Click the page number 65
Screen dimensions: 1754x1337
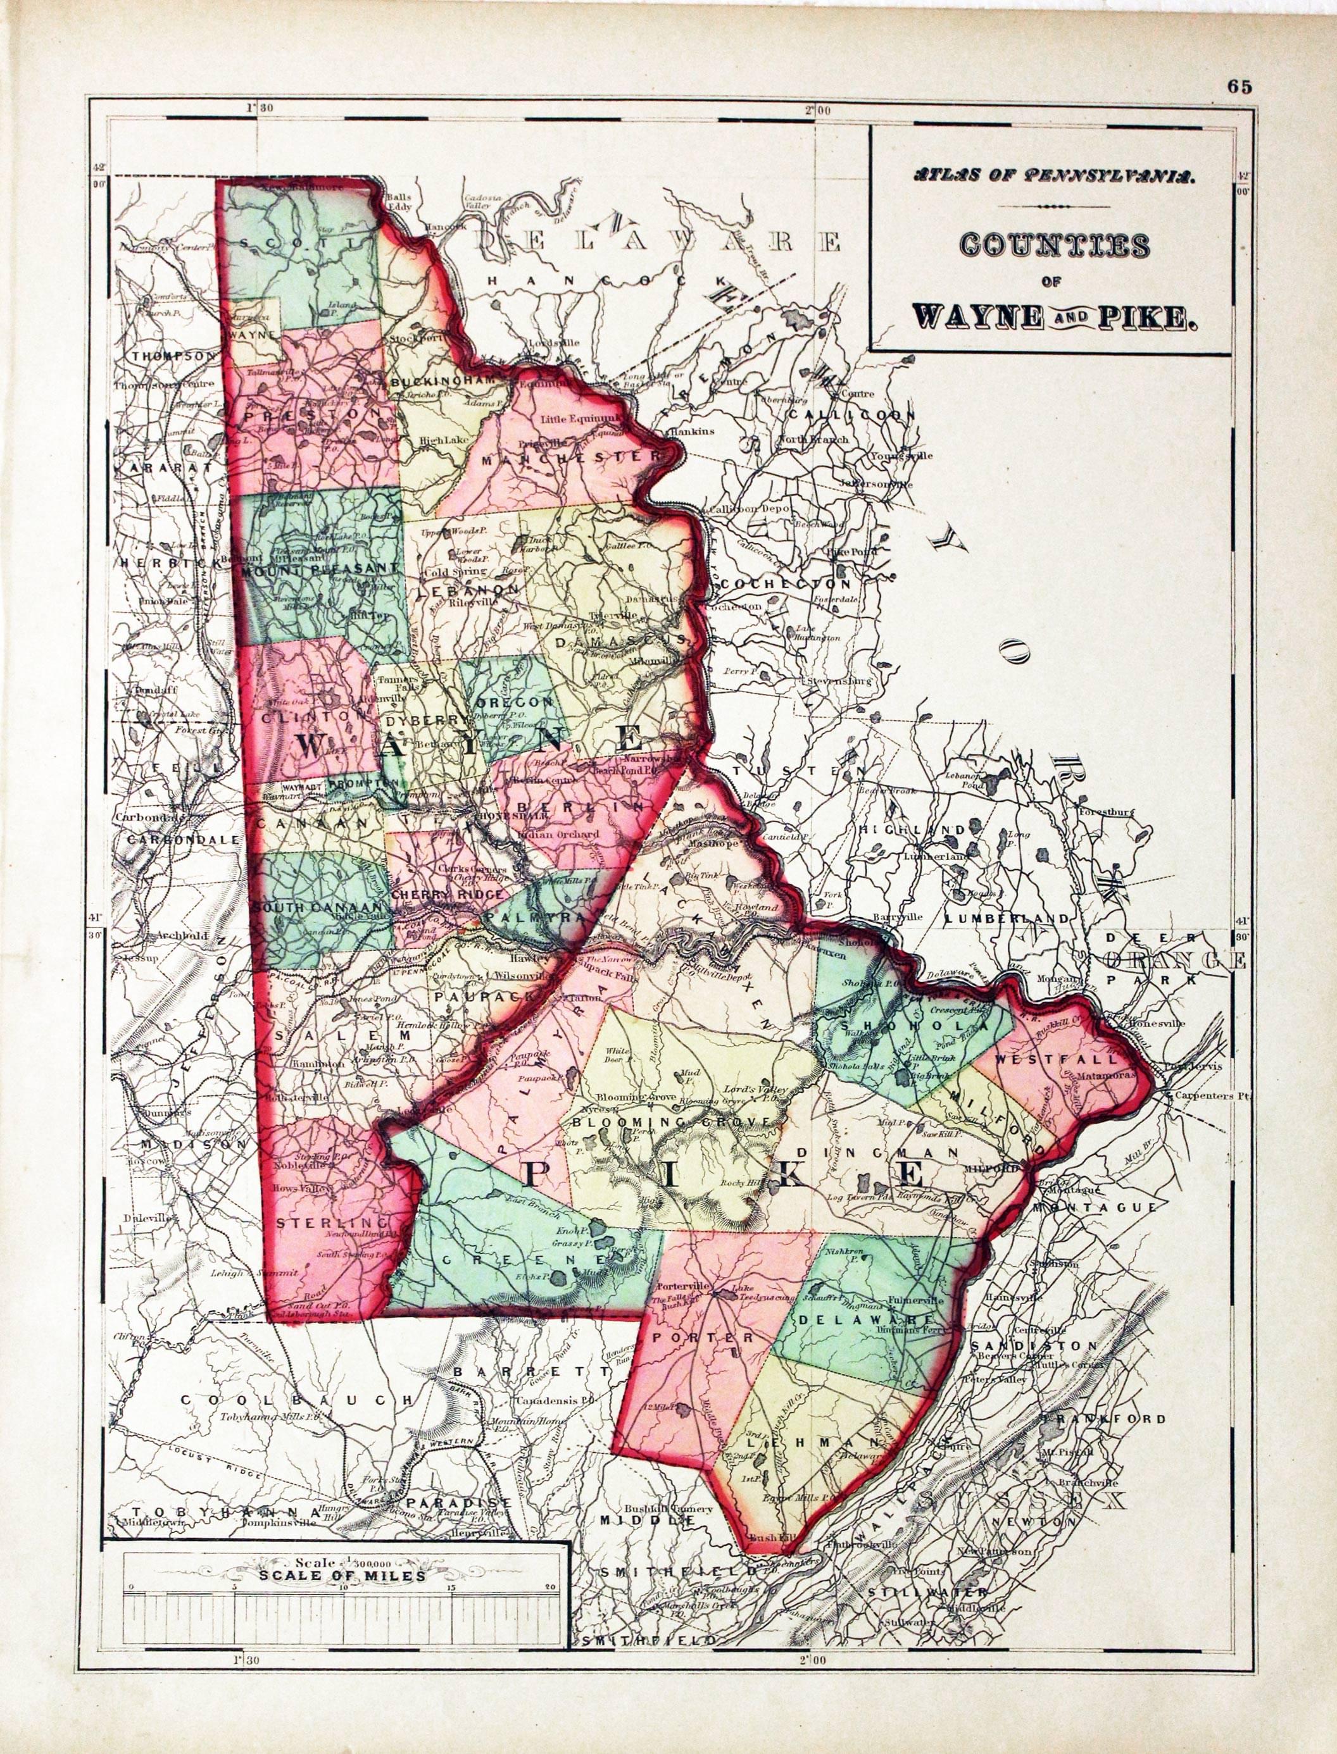click(1239, 87)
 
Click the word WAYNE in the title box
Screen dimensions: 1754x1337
click(977, 316)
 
